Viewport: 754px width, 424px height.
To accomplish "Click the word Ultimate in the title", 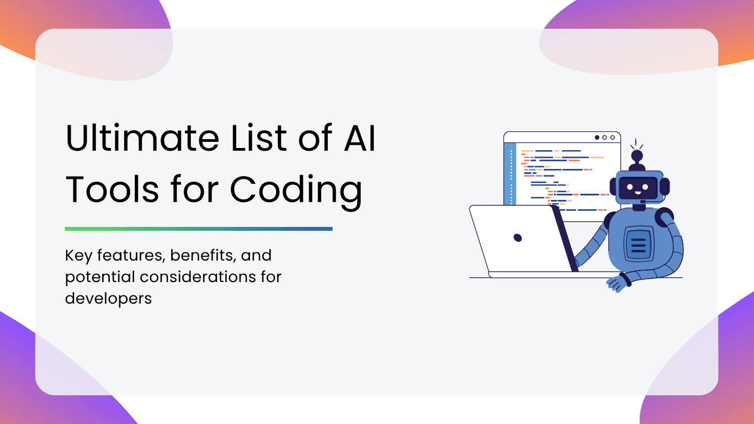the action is click(142, 137).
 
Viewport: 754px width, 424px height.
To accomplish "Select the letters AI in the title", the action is click(359, 137).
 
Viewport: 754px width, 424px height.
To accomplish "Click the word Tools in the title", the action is click(111, 189).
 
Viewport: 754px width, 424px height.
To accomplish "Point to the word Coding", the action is click(296, 191).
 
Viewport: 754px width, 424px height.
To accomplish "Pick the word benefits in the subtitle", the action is click(201, 255).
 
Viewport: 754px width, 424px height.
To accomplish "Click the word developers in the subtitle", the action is click(108, 298).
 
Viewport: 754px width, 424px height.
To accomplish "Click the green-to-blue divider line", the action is click(199, 229).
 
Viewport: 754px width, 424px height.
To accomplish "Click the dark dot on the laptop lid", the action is click(518, 238).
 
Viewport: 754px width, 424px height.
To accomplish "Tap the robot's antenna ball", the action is click(637, 156).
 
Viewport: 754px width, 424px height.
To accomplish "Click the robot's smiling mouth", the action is click(638, 193).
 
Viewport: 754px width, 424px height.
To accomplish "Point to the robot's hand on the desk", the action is click(618, 283).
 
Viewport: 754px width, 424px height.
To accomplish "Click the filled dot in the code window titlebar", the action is click(597, 137).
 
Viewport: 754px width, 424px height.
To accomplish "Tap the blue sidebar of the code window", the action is click(510, 174).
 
